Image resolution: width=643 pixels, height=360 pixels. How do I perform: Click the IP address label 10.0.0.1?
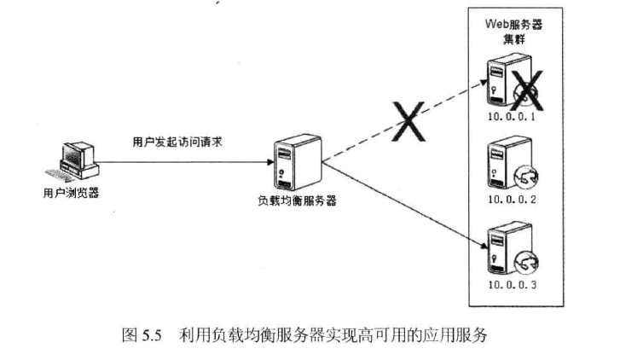pos(511,116)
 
